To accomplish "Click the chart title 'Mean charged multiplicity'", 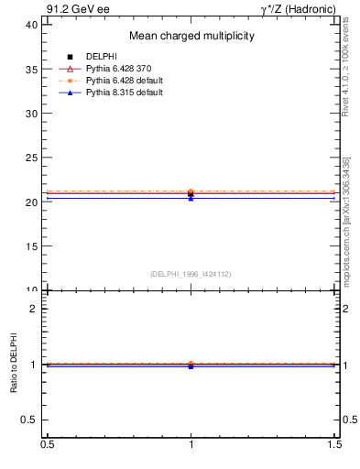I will [x=191, y=36].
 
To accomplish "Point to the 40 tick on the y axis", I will [x=30, y=25].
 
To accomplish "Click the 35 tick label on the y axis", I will [x=30, y=69].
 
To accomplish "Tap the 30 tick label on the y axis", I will [x=30, y=114].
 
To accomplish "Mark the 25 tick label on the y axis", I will [x=30, y=158].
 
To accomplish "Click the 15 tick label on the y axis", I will [x=30, y=246].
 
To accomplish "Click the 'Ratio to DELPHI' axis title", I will [x=14, y=364].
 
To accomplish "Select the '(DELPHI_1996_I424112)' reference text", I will [x=191, y=273].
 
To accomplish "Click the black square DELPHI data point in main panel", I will [x=191, y=194].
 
